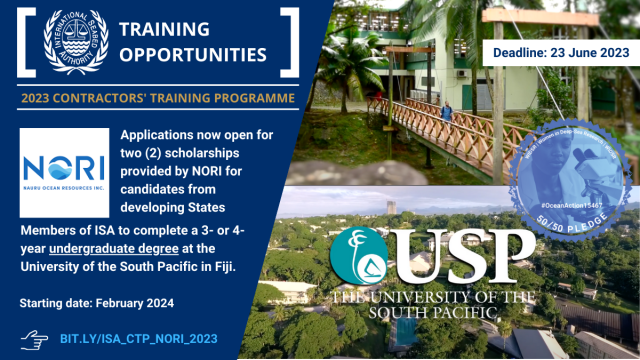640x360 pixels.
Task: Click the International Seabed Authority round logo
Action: point(76,42)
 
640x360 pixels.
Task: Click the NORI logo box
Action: point(64,166)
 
